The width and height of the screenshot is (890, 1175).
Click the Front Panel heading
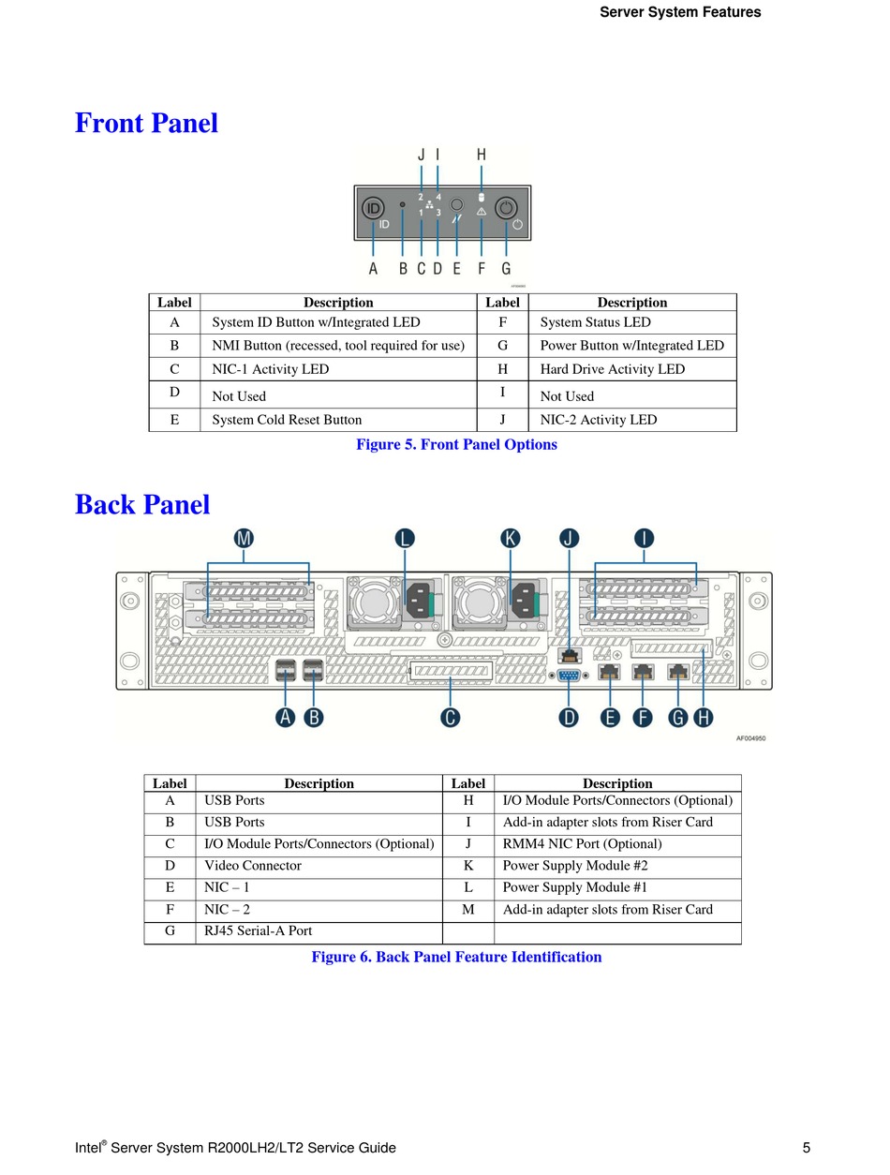[x=146, y=123]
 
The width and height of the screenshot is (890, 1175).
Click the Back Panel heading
[x=141, y=504]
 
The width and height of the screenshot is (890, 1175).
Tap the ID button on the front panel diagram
[x=373, y=208]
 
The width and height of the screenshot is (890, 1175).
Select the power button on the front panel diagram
[x=506, y=208]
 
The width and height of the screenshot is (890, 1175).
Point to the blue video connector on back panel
[x=569, y=676]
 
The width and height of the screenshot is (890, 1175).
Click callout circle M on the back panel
[x=244, y=538]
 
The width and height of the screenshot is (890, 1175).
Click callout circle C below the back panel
[x=450, y=718]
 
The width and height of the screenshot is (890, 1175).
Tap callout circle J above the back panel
[x=569, y=538]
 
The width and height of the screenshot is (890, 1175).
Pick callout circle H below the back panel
[x=704, y=718]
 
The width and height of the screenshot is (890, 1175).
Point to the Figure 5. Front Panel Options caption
[x=456, y=444]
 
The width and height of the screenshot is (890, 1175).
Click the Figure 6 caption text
[x=456, y=957]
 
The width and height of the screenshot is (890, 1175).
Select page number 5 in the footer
[x=806, y=1147]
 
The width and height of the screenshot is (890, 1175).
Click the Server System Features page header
[x=679, y=12]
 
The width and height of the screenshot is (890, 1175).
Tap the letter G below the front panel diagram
[x=506, y=268]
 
